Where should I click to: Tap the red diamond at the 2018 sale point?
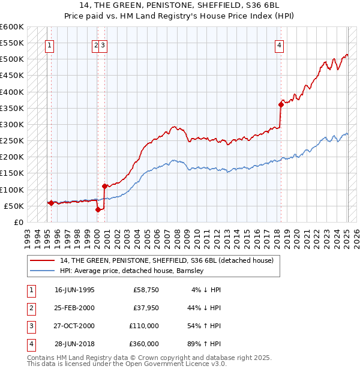pyautogui.click(x=281, y=104)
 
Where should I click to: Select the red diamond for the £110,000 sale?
pyautogui.click(x=104, y=186)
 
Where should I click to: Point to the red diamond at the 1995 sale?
pyautogui.click(x=51, y=203)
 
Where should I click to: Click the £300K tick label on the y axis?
pyautogui.click(x=12, y=124)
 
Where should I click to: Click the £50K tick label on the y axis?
pyautogui.click(x=14, y=206)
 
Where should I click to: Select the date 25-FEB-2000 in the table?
pyautogui.click(x=74, y=308)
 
